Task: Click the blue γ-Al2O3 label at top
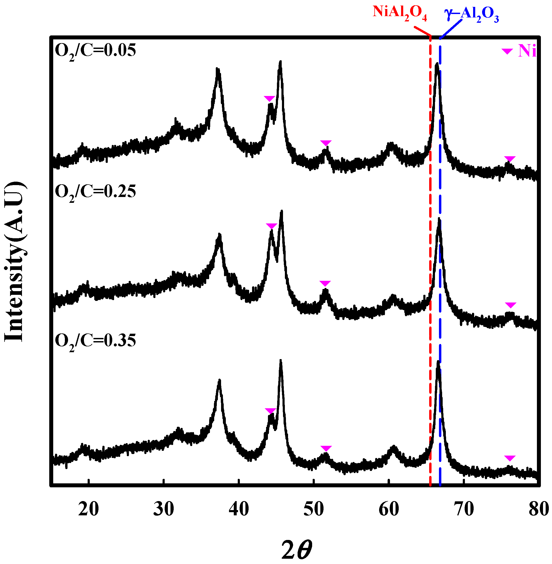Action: click(x=472, y=15)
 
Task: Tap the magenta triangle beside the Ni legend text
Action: click(x=507, y=51)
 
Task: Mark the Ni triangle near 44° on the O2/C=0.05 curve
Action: click(x=269, y=98)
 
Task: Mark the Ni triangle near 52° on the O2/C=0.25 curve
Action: click(x=325, y=283)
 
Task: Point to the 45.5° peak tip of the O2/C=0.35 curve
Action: click(x=280, y=361)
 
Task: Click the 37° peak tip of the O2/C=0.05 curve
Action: click(x=217, y=70)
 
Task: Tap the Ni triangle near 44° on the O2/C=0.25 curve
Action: click(x=271, y=226)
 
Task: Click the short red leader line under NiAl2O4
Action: click(x=422, y=31)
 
